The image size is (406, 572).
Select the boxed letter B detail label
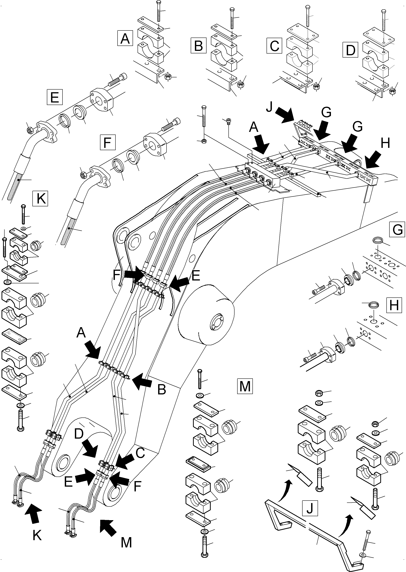[198, 46]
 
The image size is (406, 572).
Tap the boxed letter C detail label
[274, 46]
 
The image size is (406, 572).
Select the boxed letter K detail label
[40, 199]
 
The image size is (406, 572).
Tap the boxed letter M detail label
[245, 386]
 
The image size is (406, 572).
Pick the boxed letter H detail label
[394, 305]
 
